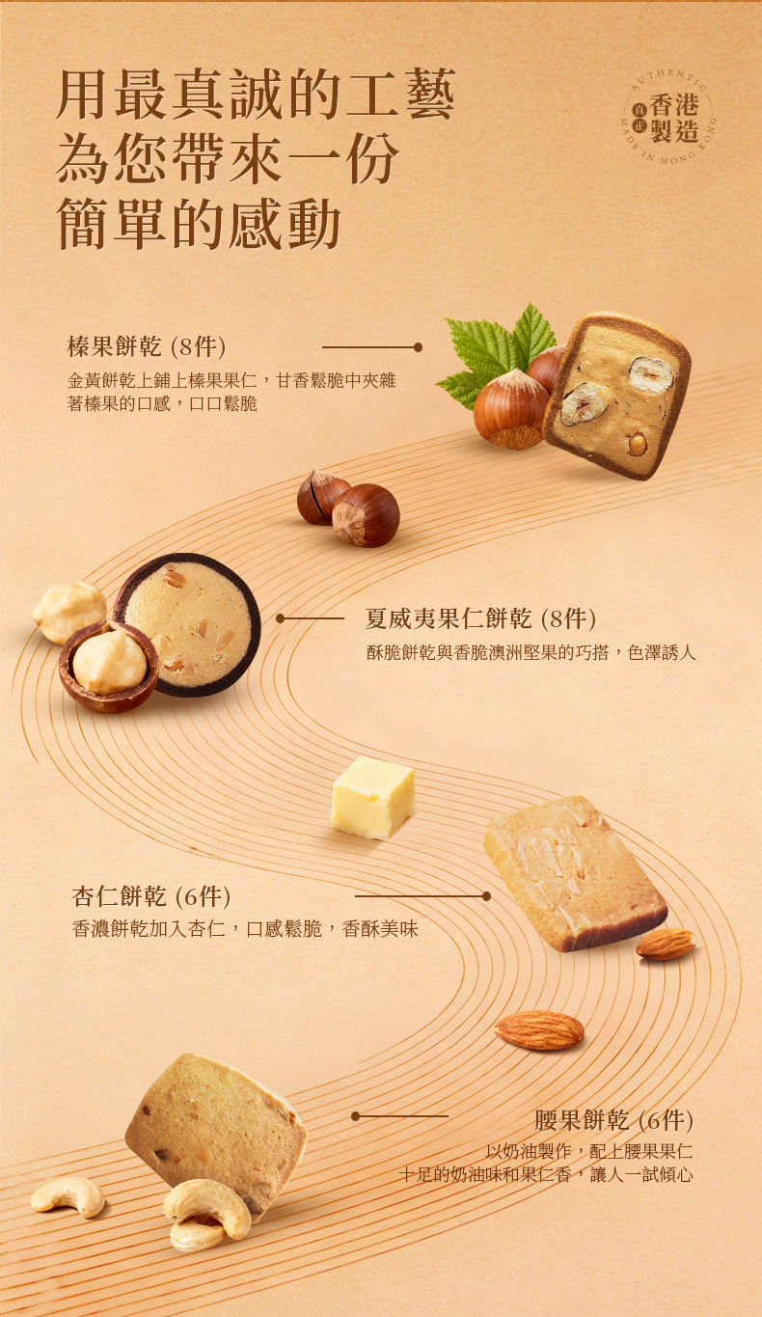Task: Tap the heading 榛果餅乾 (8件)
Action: [x=147, y=347]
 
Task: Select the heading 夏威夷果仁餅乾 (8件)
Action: [x=480, y=618]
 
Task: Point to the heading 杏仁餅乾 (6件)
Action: [x=151, y=896]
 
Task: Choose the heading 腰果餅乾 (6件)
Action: [x=613, y=1120]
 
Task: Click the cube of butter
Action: [x=372, y=797]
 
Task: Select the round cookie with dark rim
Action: [x=188, y=624]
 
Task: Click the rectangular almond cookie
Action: [x=575, y=872]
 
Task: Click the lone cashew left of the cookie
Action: [x=68, y=1195]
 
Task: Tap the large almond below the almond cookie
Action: [x=539, y=1030]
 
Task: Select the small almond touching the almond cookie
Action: [x=667, y=944]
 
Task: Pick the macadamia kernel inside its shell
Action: [x=110, y=662]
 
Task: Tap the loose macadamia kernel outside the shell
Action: [x=68, y=611]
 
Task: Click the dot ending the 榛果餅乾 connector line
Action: [x=418, y=347]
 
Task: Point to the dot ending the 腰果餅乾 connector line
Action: [x=355, y=1116]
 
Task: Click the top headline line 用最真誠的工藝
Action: [x=256, y=95]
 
